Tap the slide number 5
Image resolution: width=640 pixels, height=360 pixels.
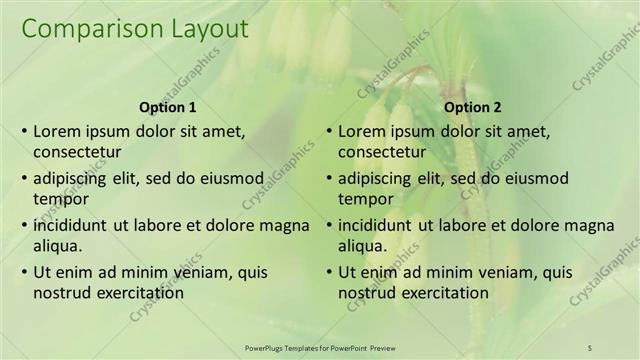click(589, 346)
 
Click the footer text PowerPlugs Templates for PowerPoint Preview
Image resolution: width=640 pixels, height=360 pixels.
click(323, 346)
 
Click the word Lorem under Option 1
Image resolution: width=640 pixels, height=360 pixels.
click(57, 131)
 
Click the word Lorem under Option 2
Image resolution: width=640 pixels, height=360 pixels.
click(361, 131)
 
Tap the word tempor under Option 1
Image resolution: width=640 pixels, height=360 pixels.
click(57, 199)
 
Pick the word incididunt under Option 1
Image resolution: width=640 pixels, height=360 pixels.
click(70, 225)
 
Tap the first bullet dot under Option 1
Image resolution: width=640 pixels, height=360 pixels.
click(24, 132)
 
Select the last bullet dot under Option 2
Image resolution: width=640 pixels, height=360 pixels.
click(329, 272)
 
